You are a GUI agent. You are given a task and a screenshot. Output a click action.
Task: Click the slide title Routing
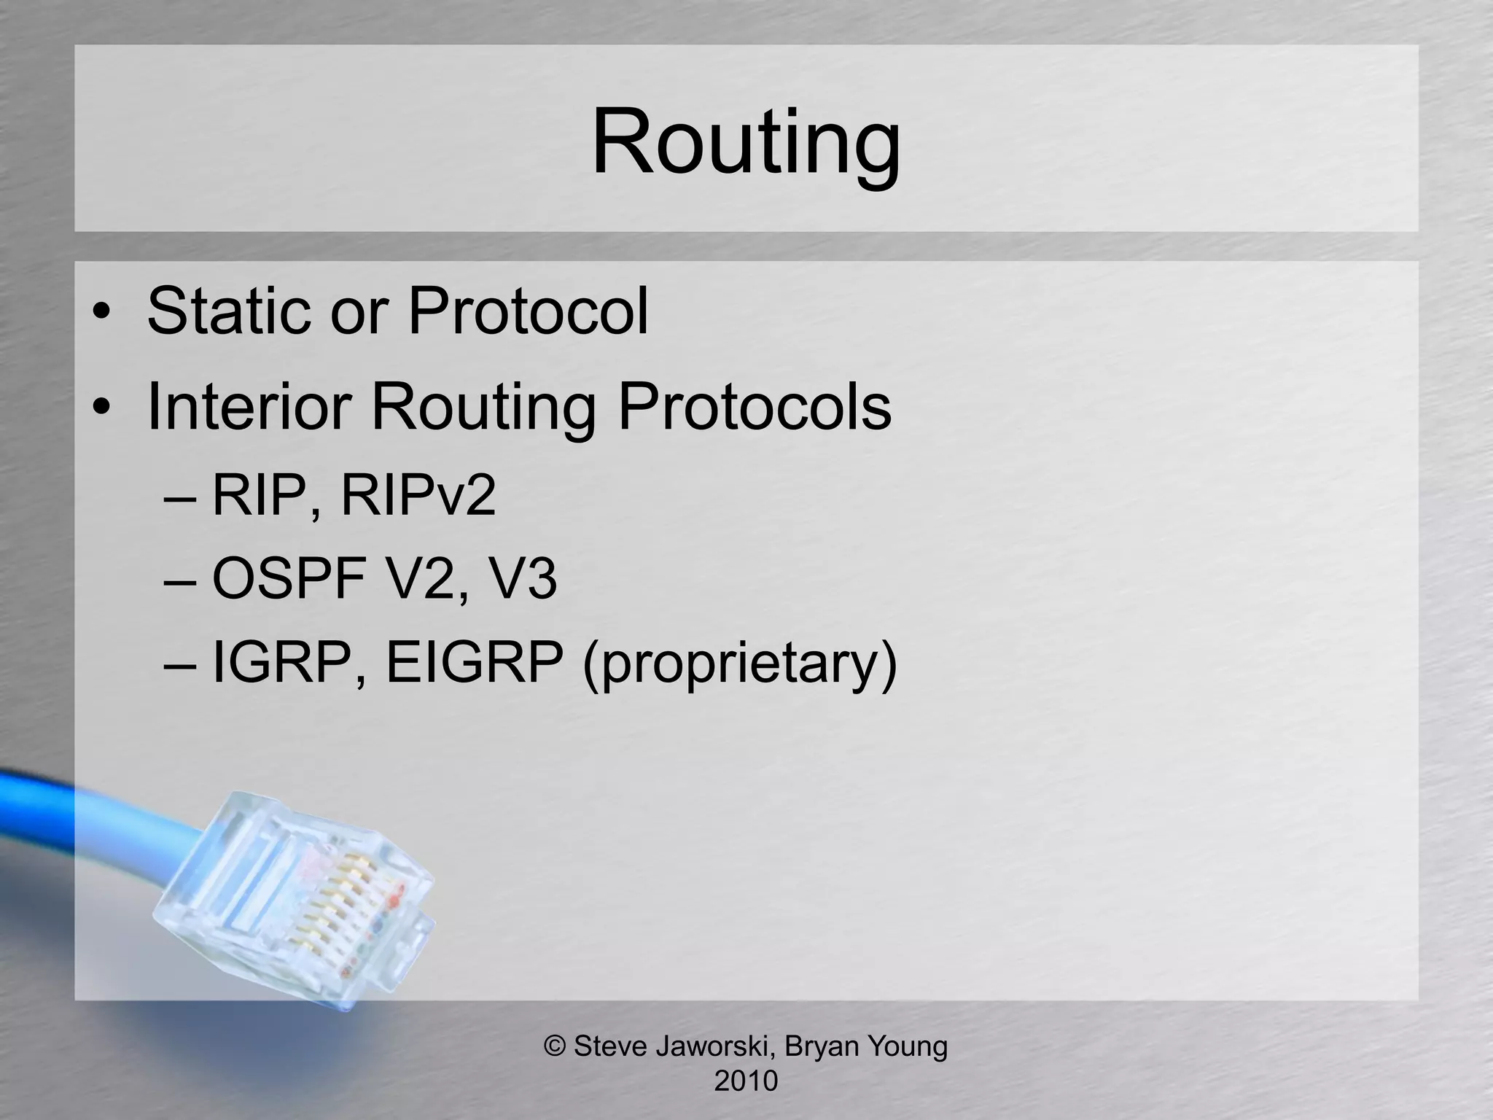[746, 142]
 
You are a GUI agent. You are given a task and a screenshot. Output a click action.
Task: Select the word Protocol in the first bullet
[528, 311]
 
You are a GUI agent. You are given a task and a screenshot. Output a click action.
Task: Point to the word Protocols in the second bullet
[755, 406]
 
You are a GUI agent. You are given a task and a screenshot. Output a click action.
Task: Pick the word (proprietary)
[739, 664]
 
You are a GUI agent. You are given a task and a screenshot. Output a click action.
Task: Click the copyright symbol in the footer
[556, 1046]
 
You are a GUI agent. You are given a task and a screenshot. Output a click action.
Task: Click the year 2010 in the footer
[746, 1081]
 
